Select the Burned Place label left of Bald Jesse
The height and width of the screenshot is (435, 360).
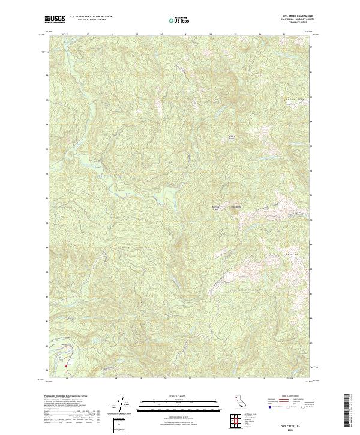217,208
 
